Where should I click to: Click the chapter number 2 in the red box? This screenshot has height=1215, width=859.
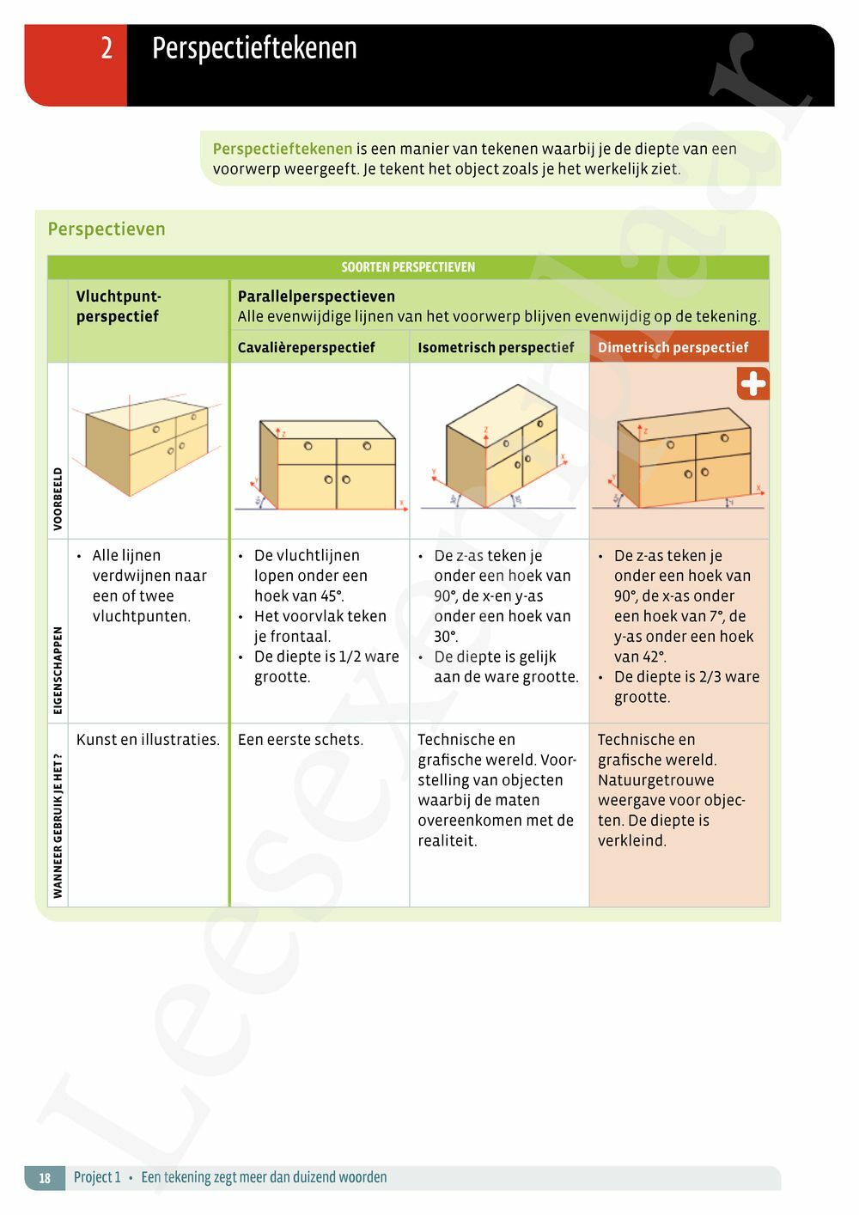click(107, 48)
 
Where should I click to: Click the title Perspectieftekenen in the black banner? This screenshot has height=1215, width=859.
click(254, 49)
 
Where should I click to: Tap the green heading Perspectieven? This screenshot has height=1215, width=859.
click(107, 229)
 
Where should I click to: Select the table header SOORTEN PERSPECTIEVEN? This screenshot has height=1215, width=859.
click(408, 267)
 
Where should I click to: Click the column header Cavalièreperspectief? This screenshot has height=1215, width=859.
click(306, 347)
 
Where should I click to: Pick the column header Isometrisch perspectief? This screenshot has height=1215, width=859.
click(496, 347)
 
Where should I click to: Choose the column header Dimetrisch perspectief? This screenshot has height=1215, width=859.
click(673, 347)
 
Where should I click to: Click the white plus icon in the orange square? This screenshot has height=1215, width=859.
click(753, 384)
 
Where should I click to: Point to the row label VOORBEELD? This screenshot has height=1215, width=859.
click(58, 499)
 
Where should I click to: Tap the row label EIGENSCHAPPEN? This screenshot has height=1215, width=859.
click(58, 670)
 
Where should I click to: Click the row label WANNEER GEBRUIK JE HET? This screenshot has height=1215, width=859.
click(58, 826)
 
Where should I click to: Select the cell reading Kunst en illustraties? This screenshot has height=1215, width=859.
click(148, 739)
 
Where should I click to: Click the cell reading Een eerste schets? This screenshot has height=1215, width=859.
click(301, 739)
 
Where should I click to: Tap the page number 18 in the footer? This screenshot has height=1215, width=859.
click(45, 1177)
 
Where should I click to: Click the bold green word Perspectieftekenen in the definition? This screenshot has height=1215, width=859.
click(283, 149)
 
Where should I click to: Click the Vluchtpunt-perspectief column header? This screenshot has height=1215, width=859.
click(119, 307)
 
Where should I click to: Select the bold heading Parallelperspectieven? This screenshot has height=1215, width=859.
click(316, 296)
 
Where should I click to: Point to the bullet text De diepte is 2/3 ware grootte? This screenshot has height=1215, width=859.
click(686, 687)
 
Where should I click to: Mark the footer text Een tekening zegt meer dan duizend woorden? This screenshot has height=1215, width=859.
click(264, 1177)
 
